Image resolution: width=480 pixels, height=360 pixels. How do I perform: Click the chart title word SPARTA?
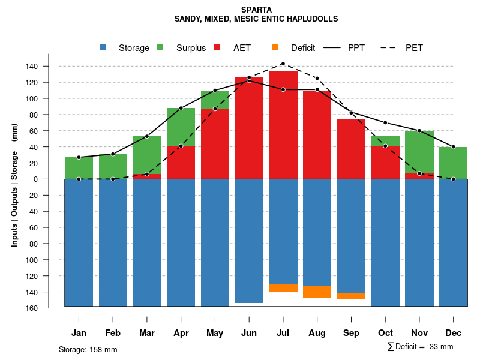pyautogui.click(x=256, y=10)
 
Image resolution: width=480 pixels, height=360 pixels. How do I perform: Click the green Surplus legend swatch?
pyautogui.click(x=160, y=48)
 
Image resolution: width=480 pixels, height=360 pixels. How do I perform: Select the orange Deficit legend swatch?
pyautogui.click(x=275, y=48)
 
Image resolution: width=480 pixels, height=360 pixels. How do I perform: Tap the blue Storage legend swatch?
pyautogui.click(x=103, y=48)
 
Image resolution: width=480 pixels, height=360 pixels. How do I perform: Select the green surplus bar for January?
pyautogui.click(x=79, y=168)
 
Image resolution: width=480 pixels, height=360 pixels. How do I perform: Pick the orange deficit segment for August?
pyautogui.click(x=317, y=292)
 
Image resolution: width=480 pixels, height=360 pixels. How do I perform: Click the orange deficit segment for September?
pyautogui.click(x=352, y=296)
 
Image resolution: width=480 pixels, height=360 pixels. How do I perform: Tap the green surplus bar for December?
pyautogui.click(x=454, y=163)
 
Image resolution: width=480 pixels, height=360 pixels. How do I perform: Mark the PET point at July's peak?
pyautogui.click(x=283, y=64)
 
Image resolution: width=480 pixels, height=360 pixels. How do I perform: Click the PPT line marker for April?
pyautogui.click(x=181, y=108)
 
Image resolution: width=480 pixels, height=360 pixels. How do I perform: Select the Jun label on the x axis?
pyautogui.click(x=249, y=333)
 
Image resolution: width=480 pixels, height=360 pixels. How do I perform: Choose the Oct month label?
pyautogui.click(x=385, y=333)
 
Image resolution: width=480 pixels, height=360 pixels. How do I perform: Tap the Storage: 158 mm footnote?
pyautogui.click(x=88, y=349)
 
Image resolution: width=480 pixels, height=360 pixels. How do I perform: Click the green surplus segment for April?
pyautogui.click(x=181, y=127)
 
